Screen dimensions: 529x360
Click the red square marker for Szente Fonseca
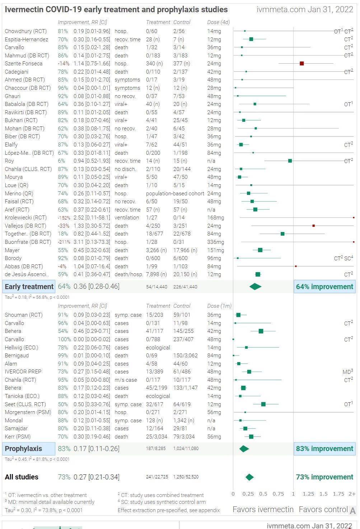302,64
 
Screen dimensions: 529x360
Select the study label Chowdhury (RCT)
25,31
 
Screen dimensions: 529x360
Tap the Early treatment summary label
29,287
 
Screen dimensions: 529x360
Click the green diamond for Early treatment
256,287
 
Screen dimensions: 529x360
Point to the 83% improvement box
324,449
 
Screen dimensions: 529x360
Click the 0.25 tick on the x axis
248,494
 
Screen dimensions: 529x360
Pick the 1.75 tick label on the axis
338,494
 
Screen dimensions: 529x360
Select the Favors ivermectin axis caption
263,509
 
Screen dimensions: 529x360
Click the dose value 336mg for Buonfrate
215,242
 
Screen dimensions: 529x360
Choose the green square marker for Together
282,234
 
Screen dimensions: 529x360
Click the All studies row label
22,477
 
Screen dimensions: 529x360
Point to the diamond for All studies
249,477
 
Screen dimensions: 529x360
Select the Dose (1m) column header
219,306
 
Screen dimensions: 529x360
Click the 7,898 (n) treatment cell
156,274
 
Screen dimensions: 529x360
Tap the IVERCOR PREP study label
23,372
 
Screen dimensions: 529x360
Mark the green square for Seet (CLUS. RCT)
263,404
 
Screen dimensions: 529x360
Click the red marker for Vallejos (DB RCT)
314,226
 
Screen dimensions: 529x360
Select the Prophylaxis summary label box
29,449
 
